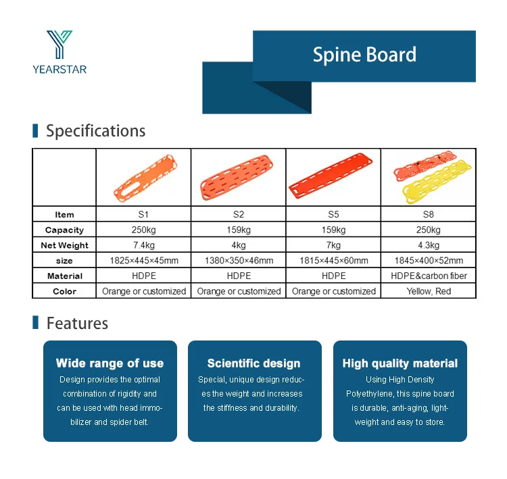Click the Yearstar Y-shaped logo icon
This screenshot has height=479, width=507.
(59, 45)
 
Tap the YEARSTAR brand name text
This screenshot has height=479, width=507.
(59, 70)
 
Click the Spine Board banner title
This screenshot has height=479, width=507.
(364, 54)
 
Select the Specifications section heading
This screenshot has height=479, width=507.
(96, 130)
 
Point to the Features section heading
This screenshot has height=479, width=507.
(77, 323)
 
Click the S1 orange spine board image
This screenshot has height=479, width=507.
(145, 178)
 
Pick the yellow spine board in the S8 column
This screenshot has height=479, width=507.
(437, 182)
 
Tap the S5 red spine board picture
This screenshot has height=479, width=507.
(331, 176)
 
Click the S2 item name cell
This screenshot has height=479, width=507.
(239, 214)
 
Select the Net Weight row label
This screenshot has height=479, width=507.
(64, 245)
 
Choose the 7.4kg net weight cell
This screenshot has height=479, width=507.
(144, 245)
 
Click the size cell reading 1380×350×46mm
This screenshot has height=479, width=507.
(239, 261)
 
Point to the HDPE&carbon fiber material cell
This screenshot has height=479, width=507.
(429, 276)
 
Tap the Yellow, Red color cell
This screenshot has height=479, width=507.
(429, 291)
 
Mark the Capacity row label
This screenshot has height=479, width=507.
(64, 230)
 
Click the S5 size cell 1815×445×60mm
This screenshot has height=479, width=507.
(334, 261)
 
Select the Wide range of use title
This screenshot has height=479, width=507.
(110, 363)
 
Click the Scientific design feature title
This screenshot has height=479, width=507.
(254, 363)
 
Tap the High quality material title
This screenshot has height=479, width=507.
(400, 363)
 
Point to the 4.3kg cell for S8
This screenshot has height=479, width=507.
(429, 245)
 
